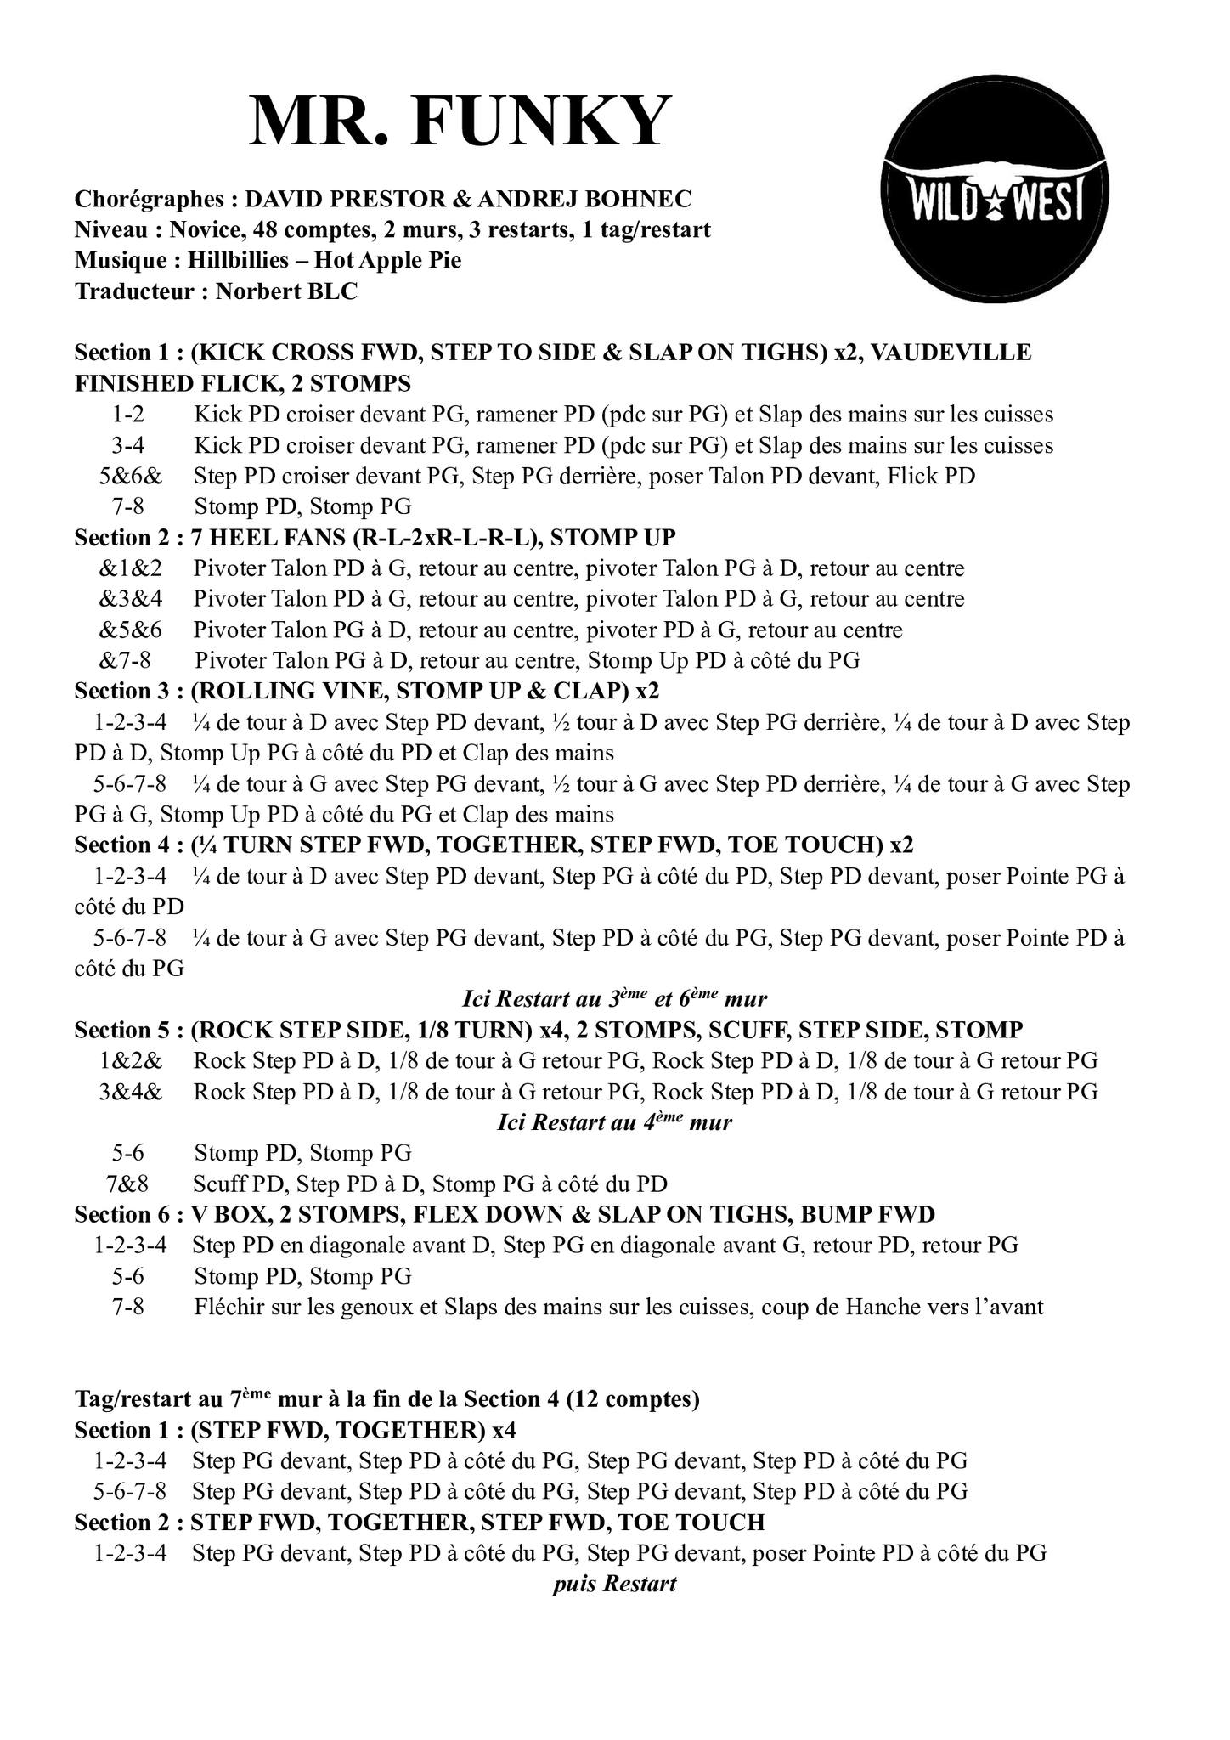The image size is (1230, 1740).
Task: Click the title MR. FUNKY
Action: pyautogui.click(x=460, y=121)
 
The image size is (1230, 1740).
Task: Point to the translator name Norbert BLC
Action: pyautogui.click(x=286, y=291)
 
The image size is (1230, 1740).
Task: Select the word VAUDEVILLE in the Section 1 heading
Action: pyautogui.click(x=951, y=352)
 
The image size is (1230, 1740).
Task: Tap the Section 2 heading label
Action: pyautogui.click(x=127, y=538)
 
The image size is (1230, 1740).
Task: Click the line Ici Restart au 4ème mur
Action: pyautogui.click(x=614, y=1122)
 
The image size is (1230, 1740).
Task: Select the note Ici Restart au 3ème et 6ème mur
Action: pyautogui.click(x=614, y=998)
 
